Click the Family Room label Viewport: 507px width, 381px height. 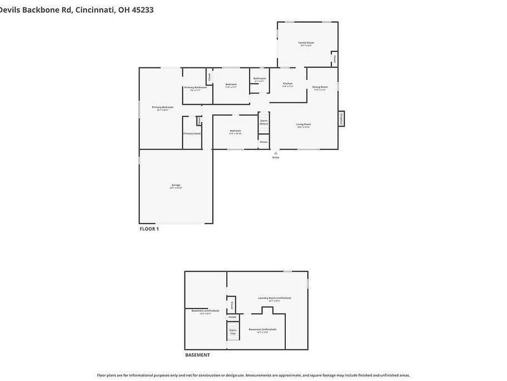click(x=307, y=43)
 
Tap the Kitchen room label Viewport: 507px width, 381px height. click(x=288, y=84)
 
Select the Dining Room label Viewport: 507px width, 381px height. click(x=320, y=88)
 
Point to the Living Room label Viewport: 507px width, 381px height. click(x=304, y=125)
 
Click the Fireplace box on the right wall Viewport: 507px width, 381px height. click(x=342, y=118)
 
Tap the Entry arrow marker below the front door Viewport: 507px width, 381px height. click(x=276, y=153)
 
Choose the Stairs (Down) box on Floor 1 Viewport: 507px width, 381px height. click(x=264, y=121)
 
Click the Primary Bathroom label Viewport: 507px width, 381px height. click(x=196, y=88)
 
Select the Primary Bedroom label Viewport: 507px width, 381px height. click(x=162, y=108)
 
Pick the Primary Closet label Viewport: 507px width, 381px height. click(x=192, y=133)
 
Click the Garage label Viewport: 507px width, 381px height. click(x=176, y=186)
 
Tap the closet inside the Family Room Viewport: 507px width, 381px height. click(x=334, y=58)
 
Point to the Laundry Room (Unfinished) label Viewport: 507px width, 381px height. click(x=274, y=298)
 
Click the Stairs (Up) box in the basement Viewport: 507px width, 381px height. click(x=233, y=331)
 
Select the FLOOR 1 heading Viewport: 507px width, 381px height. click(x=149, y=229)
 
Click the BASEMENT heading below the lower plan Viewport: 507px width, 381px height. click(x=197, y=355)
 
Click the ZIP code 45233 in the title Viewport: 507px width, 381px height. click(x=141, y=10)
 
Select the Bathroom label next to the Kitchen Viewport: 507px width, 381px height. click(x=259, y=79)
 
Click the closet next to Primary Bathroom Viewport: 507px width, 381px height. click(x=209, y=76)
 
